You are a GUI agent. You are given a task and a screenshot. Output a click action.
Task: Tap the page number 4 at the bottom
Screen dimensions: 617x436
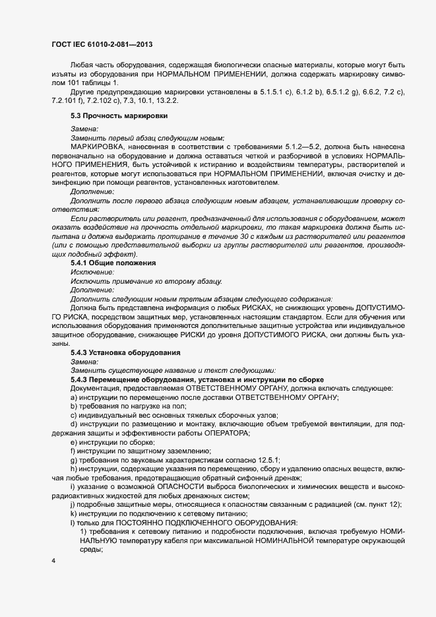tap(53, 561)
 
